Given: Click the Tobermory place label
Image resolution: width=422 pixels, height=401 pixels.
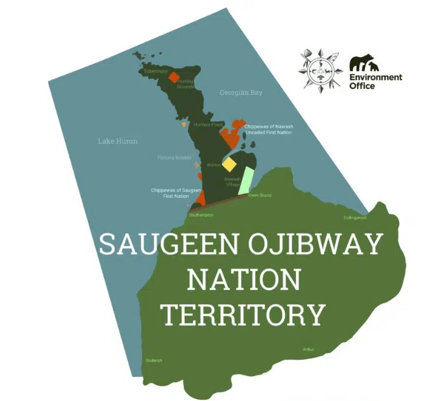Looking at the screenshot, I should point(156,71).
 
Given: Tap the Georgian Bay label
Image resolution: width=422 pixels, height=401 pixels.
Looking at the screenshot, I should point(241,93).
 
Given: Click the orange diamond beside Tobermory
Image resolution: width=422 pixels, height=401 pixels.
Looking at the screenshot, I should point(174,77).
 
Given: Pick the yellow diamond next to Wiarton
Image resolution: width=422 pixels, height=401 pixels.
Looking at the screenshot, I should point(228,164).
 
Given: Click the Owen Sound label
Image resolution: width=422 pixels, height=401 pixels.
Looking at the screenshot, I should point(260,195).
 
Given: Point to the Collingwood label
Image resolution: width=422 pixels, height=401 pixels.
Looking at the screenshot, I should point(355,218).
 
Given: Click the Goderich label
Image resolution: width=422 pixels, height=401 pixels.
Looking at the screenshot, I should point(154,360).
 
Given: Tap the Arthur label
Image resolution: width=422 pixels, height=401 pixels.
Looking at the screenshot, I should point(308,349).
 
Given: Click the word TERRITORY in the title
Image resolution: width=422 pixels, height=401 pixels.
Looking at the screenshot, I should point(243,314).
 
